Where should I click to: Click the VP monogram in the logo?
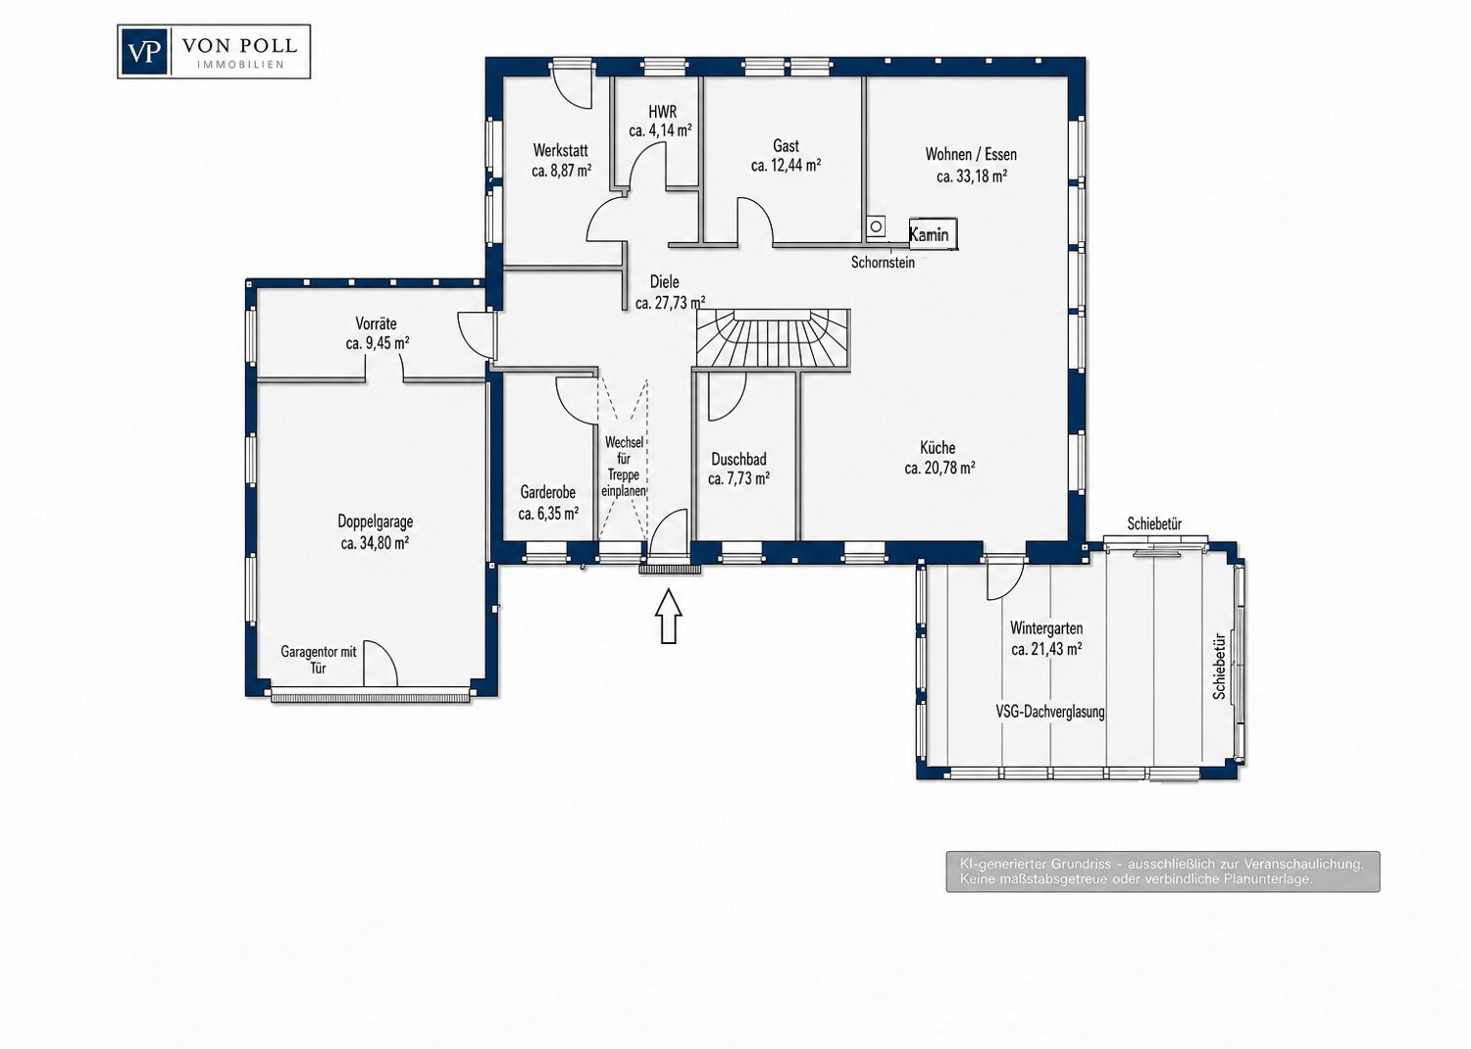point(143,52)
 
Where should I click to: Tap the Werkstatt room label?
point(560,150)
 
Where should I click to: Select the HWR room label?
point(662,112)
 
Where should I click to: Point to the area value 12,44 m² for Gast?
point(786,166)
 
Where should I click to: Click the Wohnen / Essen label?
point(971,154)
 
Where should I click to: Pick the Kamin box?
point(933,233)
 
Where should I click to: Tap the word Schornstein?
point(883,263)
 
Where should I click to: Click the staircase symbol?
point(774,339)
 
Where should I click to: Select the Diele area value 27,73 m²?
point(670,303)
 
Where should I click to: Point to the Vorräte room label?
point(376,324)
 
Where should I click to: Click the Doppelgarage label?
point(375,522)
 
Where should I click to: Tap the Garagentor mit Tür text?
point(319,660)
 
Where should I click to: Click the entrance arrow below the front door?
point(669,616)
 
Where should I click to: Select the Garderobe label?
point(547,492)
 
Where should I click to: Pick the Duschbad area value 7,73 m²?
point(738,479)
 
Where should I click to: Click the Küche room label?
point(938,448)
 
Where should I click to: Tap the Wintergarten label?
point(1046,628)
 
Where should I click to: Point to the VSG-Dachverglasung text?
point(1050,712)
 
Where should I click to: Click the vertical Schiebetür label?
point(1220,666)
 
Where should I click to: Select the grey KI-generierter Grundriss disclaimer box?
point(1163,872)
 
